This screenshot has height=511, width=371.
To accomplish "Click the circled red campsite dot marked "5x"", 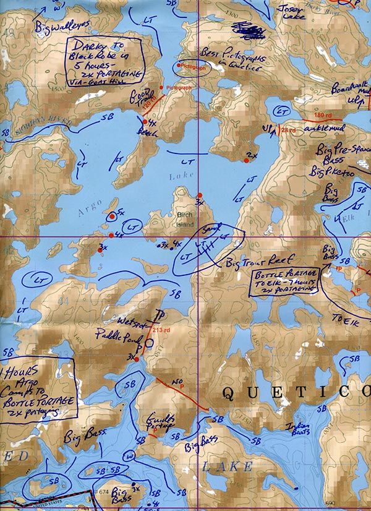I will tap(111, 216).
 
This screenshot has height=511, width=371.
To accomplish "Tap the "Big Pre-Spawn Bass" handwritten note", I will tap(338, 155).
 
